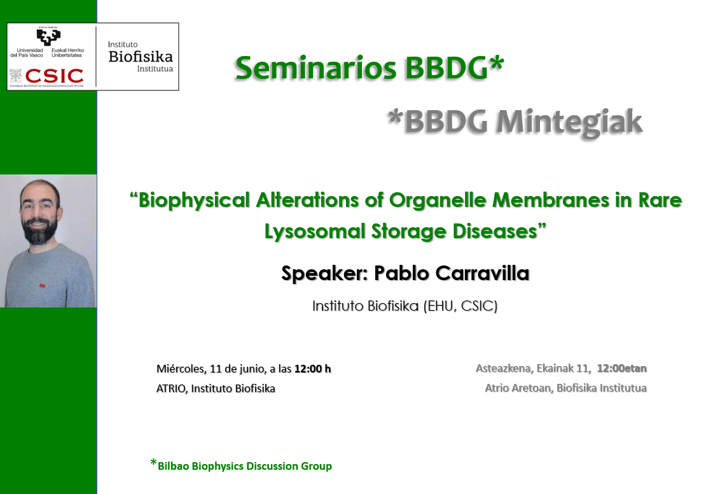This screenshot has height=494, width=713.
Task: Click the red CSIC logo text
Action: (54, 76)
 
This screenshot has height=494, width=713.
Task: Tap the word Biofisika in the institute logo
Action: (141, 57)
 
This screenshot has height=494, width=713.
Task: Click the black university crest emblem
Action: (48, 37)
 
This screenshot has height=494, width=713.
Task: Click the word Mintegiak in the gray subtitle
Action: (569, 122)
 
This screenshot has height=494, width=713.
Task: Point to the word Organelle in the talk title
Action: (438, 201)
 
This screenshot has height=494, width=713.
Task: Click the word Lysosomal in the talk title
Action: (315, 232)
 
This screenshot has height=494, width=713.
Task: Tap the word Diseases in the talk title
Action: (495, 231)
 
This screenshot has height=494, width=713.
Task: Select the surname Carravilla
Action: (483, 273)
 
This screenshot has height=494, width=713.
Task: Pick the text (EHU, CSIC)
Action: (460, 306)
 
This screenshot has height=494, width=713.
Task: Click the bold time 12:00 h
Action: (312, 369)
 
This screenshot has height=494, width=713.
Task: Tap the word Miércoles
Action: (181, 369)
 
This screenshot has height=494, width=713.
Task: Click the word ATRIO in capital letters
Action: (171, 388)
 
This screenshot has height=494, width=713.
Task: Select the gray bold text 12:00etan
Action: (621, 369)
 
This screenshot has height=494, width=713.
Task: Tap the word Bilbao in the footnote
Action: (173, 466)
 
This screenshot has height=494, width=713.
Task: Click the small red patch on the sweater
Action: (42, 286)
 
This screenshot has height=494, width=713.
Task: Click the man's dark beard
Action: (39, 230)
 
